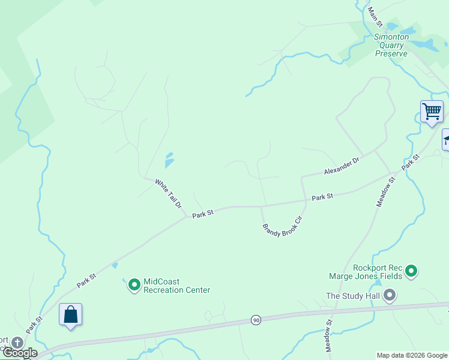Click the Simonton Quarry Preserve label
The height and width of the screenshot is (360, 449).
tap(391, 45)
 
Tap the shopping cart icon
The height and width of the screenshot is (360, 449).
tap(432, 112)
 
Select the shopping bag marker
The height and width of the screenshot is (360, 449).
tap(70, 314)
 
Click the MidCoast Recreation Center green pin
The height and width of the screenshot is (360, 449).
tap(134, 285)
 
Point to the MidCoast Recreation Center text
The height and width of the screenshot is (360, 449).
tap(177, 286)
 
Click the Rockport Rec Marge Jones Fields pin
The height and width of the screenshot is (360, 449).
tap(411, 272)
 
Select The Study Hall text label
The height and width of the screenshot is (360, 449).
tap(353, 296)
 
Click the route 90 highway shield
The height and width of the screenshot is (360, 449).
tap(256, 320)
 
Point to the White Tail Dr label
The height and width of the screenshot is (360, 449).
tap(169, 193)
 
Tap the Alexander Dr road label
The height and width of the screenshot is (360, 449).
tap(341, 166)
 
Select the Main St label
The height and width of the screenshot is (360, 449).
tap(375, 16)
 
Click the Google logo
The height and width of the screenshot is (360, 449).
tap(19, 353)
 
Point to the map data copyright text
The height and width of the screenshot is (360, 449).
tap(412, 355)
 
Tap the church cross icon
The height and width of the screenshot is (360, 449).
tap(17, 343)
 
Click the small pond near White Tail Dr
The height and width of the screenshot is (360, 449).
tap(169, 160)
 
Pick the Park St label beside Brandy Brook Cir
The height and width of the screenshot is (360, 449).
tap(322, 197)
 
